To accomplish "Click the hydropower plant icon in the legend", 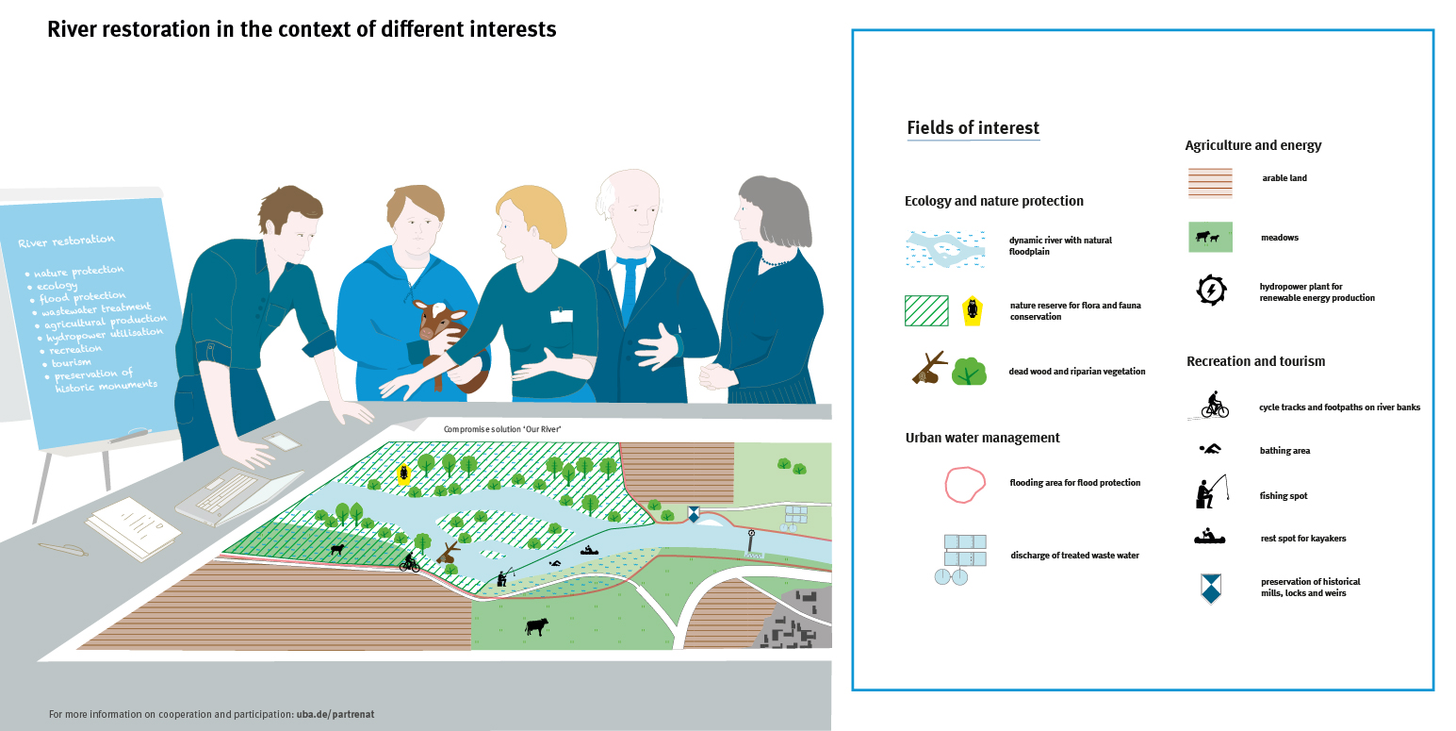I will coord(1210,291).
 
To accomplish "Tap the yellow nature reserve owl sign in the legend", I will coord(970,310).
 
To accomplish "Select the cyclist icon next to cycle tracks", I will coord(1215,406).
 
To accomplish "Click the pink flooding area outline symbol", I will coord(965,484).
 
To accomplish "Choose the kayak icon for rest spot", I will coord(1209,538).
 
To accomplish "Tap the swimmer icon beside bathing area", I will coord(1210,449).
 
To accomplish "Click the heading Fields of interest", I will coord(973,128).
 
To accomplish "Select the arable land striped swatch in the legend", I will coord(1209,183).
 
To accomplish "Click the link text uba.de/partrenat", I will coord(335,714).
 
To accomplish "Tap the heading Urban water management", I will coord(982,438).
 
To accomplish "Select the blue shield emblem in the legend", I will coord(1210,589).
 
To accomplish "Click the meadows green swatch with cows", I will coord(1209,237).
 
